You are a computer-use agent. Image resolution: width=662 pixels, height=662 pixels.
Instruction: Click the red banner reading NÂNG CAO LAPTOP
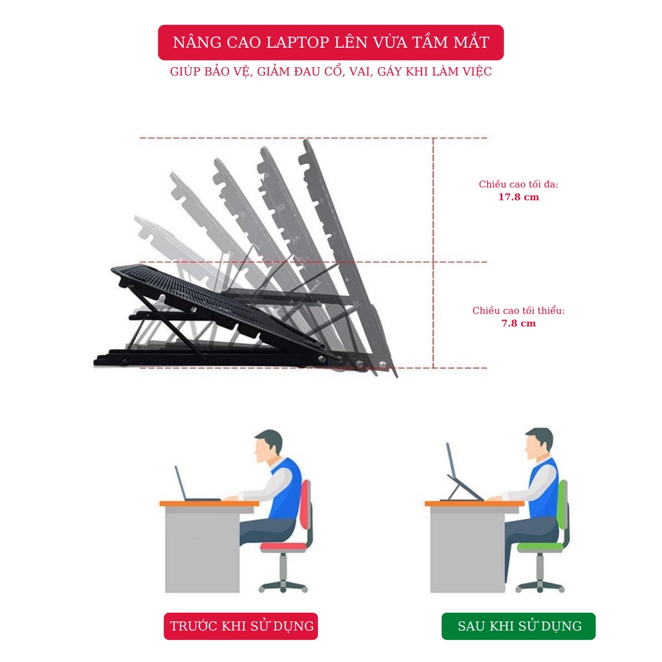[330, 43]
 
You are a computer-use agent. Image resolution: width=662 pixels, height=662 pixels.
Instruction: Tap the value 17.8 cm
[518, 197]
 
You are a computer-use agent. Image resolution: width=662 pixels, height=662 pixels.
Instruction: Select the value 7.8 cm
[518, 323]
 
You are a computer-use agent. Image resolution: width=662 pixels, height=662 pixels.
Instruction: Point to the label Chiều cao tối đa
[518, 184]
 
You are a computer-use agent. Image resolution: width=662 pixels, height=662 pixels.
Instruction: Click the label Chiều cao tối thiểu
[518, 310]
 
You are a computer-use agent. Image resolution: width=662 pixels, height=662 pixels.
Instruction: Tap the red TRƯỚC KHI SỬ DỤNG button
[241, 626]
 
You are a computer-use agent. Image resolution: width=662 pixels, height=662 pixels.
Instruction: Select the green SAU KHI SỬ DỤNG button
[518, 626]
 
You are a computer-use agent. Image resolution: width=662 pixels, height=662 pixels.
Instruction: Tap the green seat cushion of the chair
[540, 547]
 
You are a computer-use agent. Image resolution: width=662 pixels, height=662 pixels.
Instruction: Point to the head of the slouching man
[267, 446]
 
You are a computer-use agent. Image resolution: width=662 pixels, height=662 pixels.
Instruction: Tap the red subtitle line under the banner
[330, 72]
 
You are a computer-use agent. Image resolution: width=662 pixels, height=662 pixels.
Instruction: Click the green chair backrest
[562, 511]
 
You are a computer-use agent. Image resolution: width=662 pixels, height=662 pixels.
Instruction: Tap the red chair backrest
[306, 511]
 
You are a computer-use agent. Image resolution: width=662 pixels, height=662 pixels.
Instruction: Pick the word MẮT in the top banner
[469, 43]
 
